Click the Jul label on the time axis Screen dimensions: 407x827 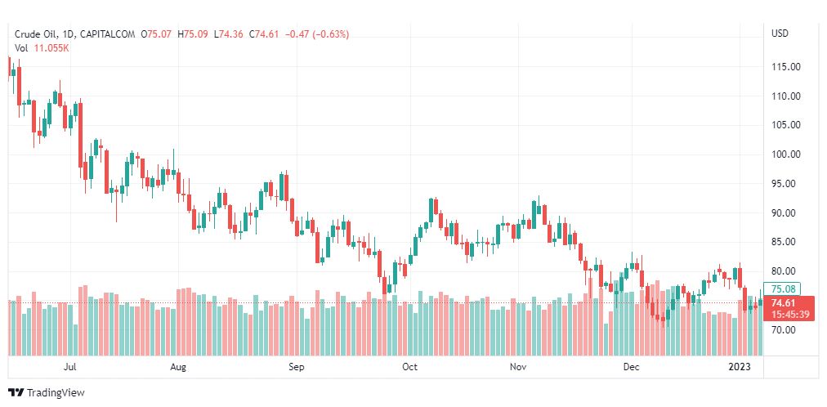coord(70,367)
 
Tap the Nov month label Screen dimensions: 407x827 coord(516,367)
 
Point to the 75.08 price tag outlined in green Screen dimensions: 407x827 coord(785,288)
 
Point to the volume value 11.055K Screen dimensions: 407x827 coord(53,47)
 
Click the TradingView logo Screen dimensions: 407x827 coord(47,393)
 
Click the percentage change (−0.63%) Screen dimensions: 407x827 coord(325,34)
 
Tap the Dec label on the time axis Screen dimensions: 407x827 coord(630,367)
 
